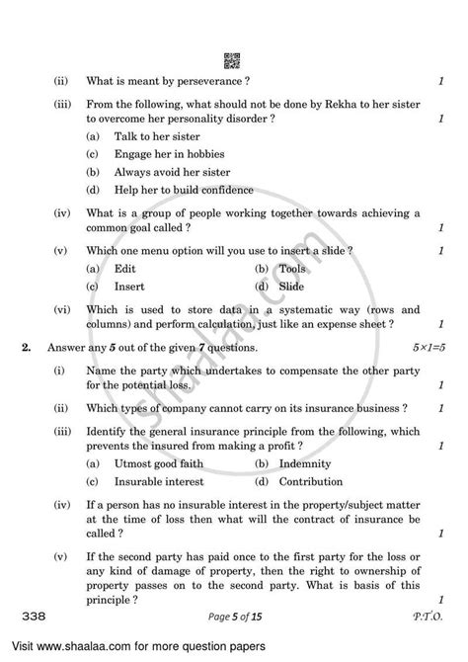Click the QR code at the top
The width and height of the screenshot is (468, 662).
coord(234,60)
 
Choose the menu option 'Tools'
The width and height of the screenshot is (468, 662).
coord(293,269)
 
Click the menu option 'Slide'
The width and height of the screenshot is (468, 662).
coord(292,287)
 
